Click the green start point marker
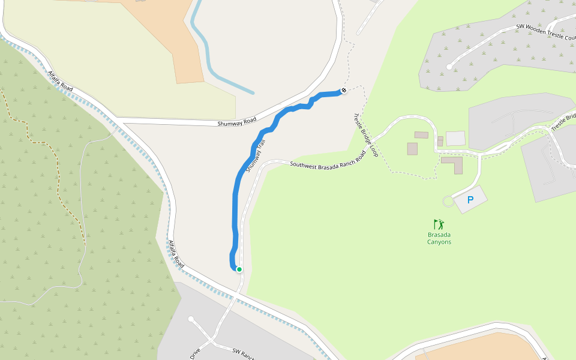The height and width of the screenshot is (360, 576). coord(239,269)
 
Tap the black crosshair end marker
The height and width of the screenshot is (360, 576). coord(344,91)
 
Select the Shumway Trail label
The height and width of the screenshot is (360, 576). coord(255,155)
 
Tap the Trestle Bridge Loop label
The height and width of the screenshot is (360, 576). coord(365,136)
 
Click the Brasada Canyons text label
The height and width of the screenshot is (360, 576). coord(439,238)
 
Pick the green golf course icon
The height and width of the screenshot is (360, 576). coord(439,224)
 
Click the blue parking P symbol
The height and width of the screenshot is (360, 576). coord(470,199)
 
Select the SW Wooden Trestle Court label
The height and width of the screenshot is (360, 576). coord(546,31)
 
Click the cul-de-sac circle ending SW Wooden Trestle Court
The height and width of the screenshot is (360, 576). coord(449,67)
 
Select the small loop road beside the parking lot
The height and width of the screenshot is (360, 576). coord(448,200)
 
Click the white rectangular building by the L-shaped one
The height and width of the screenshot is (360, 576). coord(455,139)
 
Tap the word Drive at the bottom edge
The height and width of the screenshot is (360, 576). coord(195,354)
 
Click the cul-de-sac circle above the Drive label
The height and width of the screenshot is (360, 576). coord(191,319)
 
